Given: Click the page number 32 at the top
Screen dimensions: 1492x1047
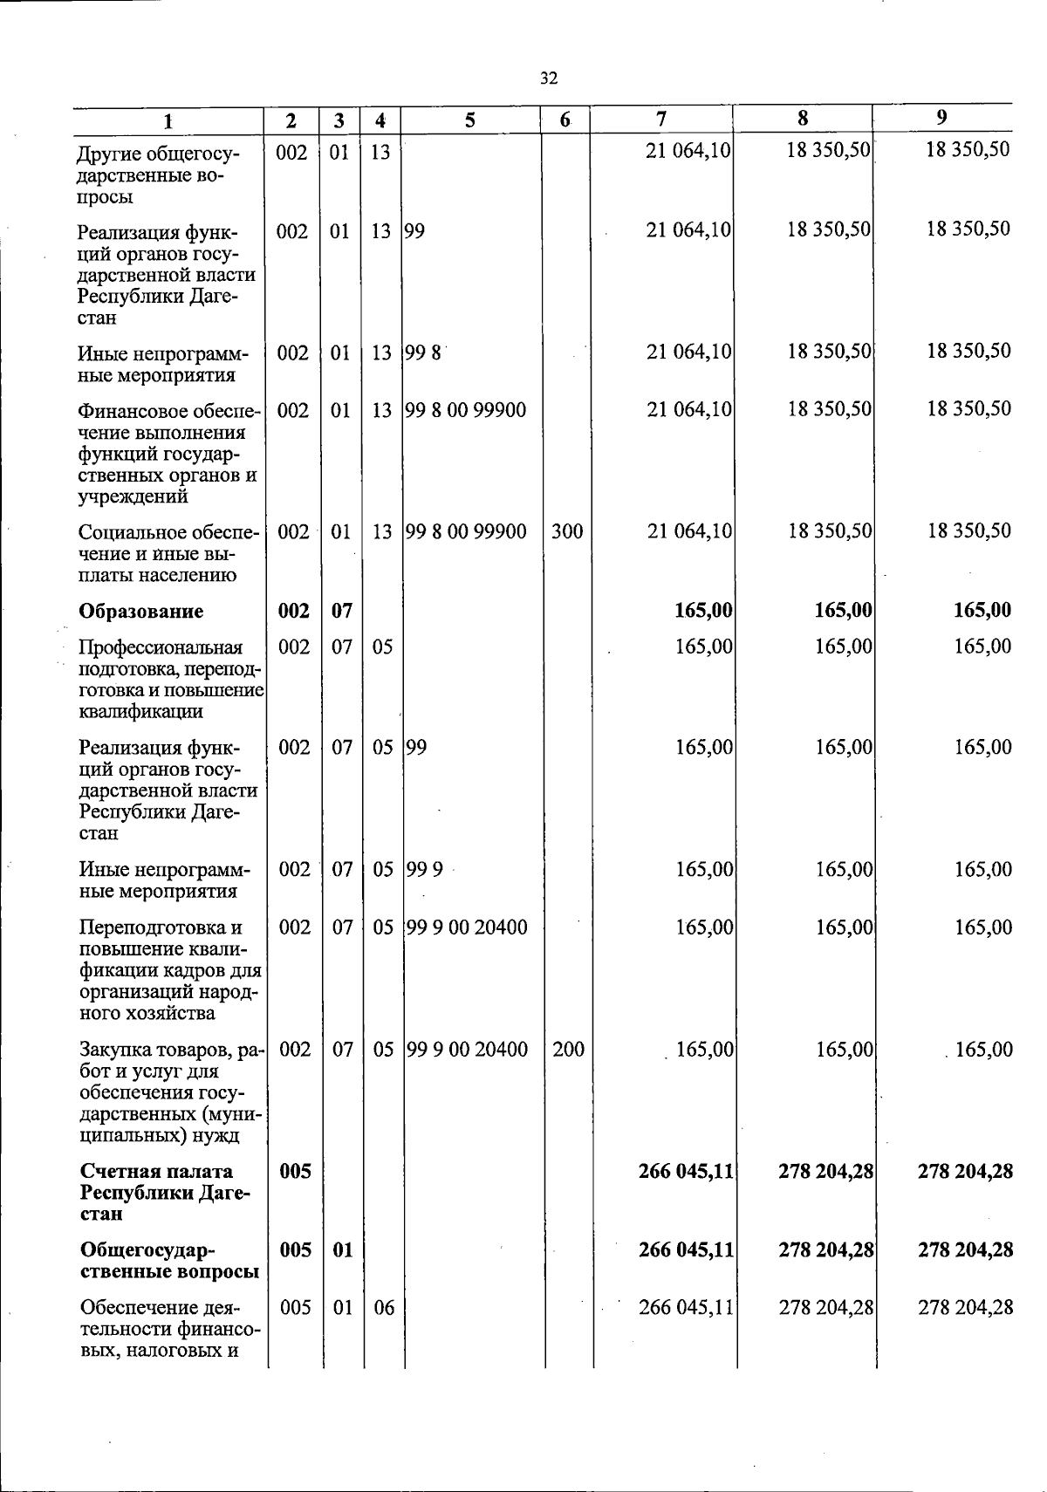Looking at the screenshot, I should coord(548,79).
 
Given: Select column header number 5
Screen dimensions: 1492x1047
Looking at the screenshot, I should coord(470,120).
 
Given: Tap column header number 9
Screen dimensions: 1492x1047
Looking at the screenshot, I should coord(942,118).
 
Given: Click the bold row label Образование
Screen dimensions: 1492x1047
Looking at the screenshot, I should coord(140,611).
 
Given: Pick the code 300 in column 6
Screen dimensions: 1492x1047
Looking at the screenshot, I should coord(567,531).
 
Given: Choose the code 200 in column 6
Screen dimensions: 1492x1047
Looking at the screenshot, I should coord(568,1050).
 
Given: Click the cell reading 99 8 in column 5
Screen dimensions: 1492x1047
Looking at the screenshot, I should coord(423,353).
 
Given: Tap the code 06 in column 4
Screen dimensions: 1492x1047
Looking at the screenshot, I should coord(383,1308).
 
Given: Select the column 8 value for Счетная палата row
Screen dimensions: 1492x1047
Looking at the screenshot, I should coord(825,1171).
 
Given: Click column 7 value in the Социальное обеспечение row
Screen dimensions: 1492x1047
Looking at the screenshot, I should coord(688,531).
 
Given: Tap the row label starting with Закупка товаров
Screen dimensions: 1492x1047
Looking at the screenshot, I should coord(170,1092).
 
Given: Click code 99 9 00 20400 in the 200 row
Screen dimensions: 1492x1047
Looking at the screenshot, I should coord(468,1050).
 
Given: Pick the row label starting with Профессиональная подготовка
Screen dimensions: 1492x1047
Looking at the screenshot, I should coord(170,679).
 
